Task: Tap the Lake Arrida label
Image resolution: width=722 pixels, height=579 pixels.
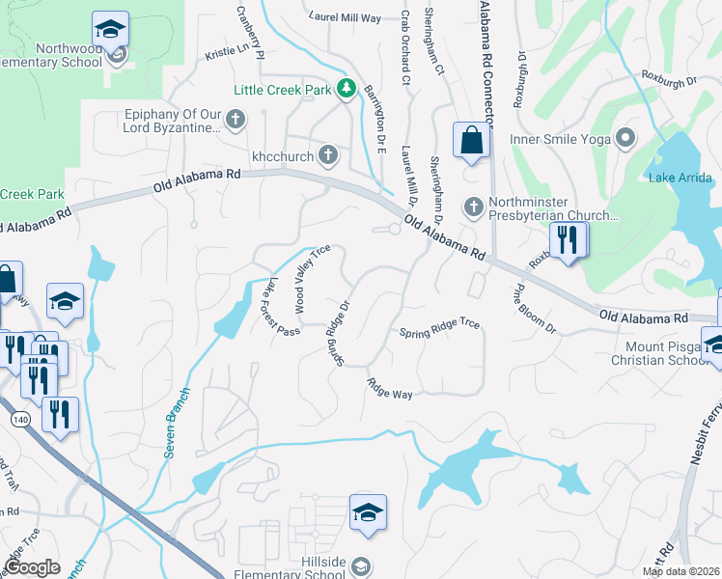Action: click(680, 178)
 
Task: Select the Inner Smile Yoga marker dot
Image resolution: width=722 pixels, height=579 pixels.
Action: click(625, 139)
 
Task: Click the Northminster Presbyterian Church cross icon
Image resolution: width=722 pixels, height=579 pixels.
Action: click(473, 207)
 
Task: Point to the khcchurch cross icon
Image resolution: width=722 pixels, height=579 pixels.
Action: click(328, 154)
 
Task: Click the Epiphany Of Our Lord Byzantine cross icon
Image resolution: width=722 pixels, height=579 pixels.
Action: click(236, 122)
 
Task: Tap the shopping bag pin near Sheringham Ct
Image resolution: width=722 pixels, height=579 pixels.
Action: click(470, 141)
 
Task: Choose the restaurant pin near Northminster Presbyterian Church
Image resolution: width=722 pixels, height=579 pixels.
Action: click(567, 238)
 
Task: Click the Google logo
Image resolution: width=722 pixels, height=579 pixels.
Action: click(31, 567)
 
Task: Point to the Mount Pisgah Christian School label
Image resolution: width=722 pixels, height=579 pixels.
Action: click(664, 352)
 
